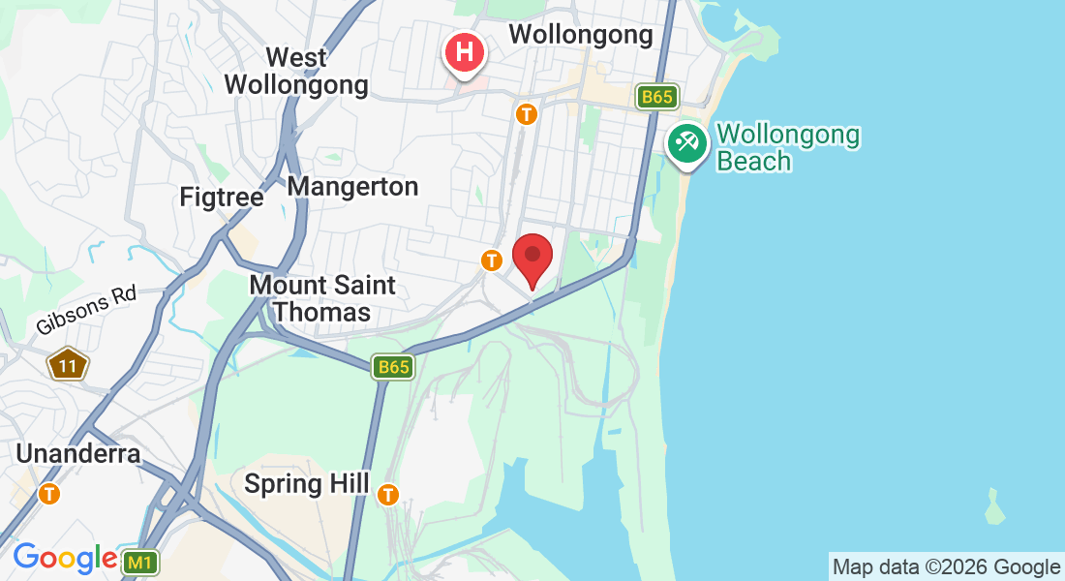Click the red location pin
[x=532, y=257]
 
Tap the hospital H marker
[x=465, y=51]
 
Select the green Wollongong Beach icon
[x=687, y=144]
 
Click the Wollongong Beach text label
[x=788, y=147]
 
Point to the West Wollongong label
[x=296, y=72]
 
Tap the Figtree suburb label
[x=222, y=198]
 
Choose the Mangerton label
[x=353, y=187]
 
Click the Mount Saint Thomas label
[x=322, y=298]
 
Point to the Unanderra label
[x=78, y=453]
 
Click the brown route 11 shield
[x=68, y=365]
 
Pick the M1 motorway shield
[x=141, y=562]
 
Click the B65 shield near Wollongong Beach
[x=657, y=97]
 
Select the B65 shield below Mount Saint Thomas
[x=394, y=367]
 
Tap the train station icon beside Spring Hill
[x=388, y=494]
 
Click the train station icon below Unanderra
[x=48, y=494]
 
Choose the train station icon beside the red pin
[x=492, y=260]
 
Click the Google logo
[x=65, y=558]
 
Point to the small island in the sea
[x=994, y=504]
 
